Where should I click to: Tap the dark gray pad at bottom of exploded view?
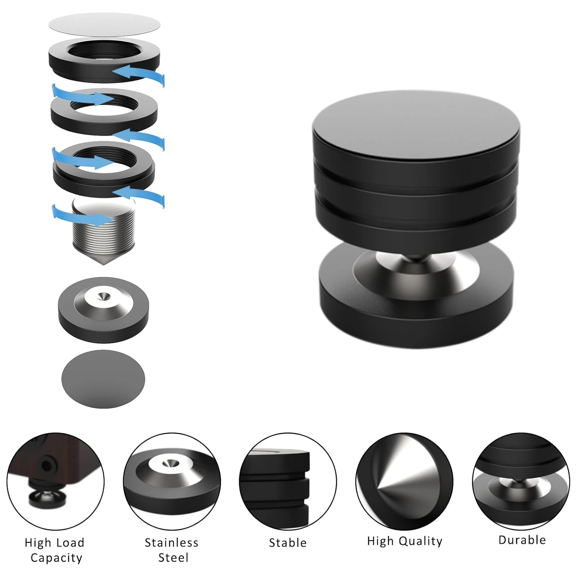tap(103, 379)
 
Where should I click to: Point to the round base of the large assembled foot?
tap(415, 317)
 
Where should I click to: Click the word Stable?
tap(287, 543)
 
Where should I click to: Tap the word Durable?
tap(522, 540)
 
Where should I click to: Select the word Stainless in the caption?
tap(171, 543)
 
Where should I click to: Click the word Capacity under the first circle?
tap(57, 558)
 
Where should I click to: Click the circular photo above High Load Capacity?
tap(55, 481)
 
